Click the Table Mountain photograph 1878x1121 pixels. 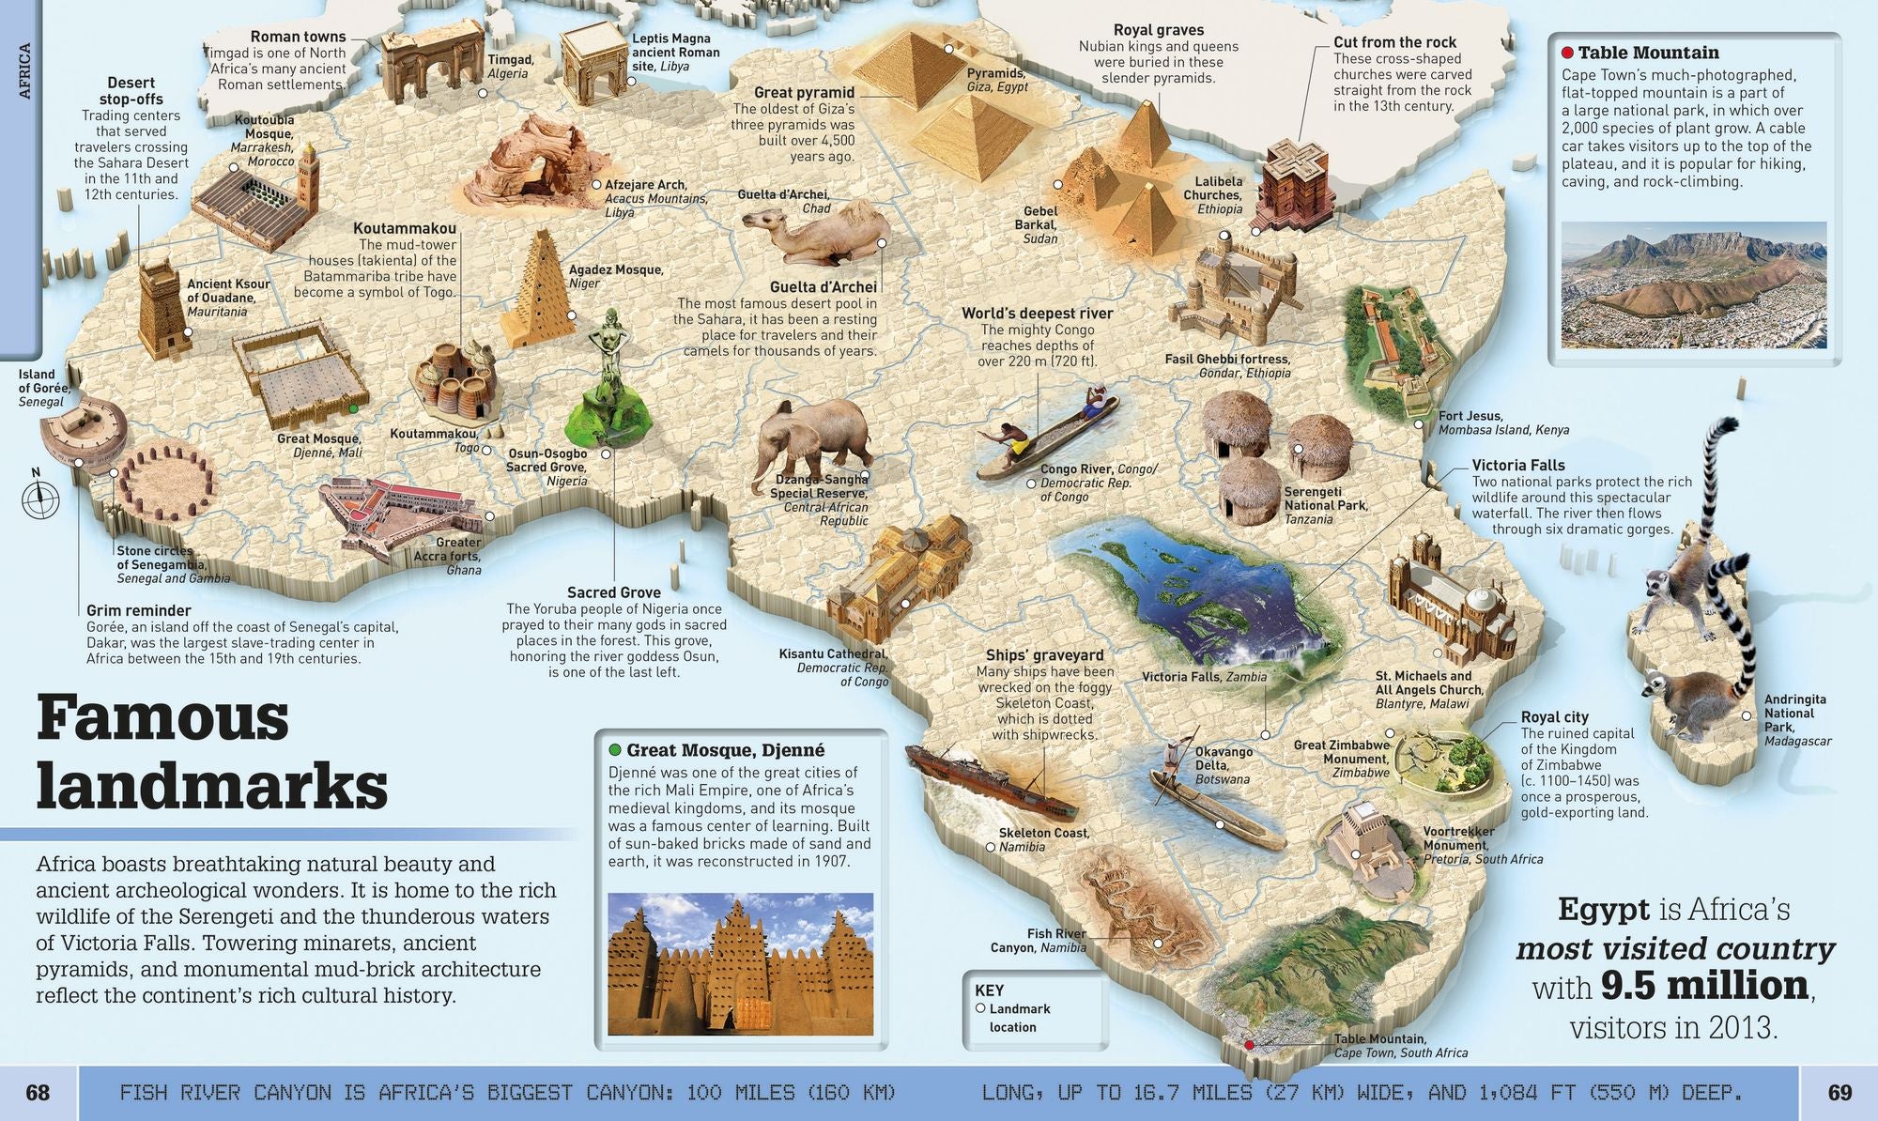click(1694, 284)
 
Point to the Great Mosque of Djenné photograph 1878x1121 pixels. click(740, 963)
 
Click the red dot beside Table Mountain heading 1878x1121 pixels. click(1567, 53)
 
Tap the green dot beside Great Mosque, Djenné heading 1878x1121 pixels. click(615, 750)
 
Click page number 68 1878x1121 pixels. click(38, 1092)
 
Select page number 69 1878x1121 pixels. click(1840, 1092)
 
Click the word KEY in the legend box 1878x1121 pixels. click(990, 990)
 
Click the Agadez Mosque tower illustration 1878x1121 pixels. click(534, 291)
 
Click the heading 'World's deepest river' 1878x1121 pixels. click(1037, 314)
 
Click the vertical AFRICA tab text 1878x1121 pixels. click(24, 70)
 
